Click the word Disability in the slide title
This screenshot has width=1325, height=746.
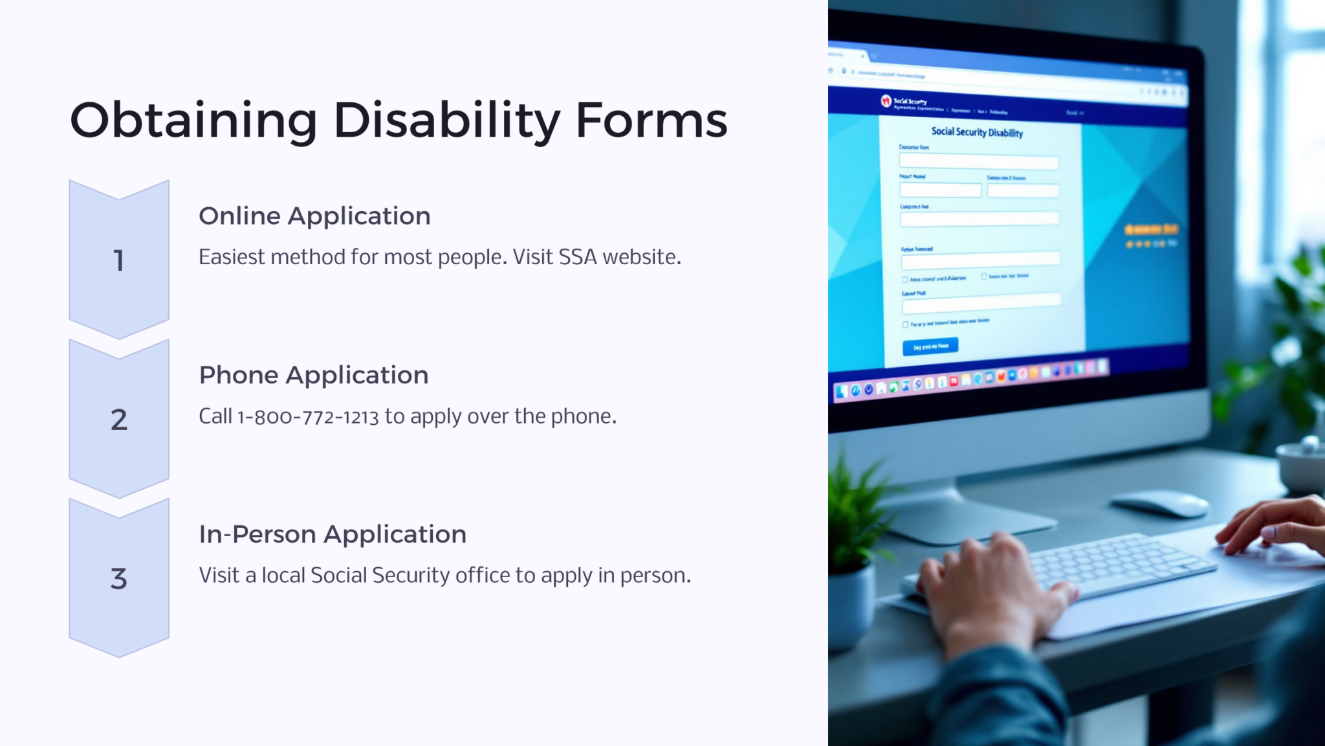(x=446, y=120)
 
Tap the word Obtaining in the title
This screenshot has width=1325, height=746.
(x=193, y=120)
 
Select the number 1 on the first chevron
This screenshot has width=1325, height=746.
(x=118, y=260)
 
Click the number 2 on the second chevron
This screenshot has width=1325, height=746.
(x=118, y=420)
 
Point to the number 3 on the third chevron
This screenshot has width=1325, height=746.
(x=118, y=578)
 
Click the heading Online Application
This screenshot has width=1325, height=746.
(x=314, y=216)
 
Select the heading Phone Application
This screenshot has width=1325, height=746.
(x=313, y=376)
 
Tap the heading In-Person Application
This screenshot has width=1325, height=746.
(x=333, y=534)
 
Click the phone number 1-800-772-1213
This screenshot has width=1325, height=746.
(x=308, y=416)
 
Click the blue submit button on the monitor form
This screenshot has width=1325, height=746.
(x=930, y=346)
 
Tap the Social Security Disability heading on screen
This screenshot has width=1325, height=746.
(x=977, y=132)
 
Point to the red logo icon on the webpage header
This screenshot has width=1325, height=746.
(x=886, y=100)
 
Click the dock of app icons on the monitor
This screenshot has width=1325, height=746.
(x=970, y=379)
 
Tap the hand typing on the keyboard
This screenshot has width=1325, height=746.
(x=990, y=583)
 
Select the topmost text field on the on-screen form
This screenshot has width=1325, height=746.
(x=978, y=162)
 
